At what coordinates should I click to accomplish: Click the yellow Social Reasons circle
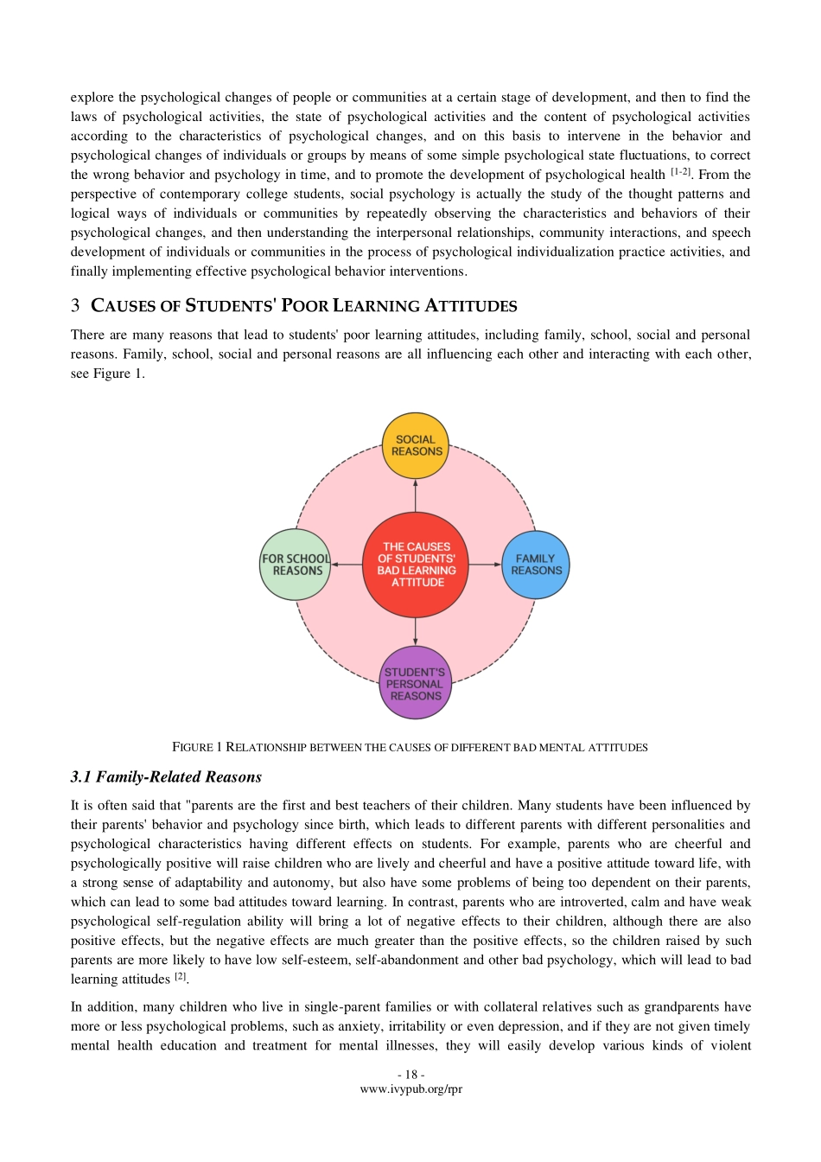tap(416, 445)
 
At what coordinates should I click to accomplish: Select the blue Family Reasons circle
tap(536, 565)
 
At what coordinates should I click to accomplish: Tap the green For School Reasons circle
tap(296, 565)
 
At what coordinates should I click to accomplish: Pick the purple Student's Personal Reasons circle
tap(416, 683)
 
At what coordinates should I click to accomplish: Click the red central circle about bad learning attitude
tap(416, 565)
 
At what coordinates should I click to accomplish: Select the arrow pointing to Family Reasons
tap(485, 565)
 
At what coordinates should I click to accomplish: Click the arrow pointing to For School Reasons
tap(347, 565)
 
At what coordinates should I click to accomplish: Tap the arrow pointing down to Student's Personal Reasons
tap(416, 630)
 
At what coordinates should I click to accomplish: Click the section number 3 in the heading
tap(75, 306)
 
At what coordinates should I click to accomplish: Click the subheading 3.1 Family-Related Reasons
tap(166, 777)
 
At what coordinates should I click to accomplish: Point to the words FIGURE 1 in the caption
tap(197, 747)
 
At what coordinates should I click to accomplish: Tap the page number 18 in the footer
tap(410, 1076)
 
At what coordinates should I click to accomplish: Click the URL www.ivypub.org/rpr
tap(410, 1089)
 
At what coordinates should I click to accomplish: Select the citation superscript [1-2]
tap(680, 172)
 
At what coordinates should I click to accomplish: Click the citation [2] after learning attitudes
tap(181, 977)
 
